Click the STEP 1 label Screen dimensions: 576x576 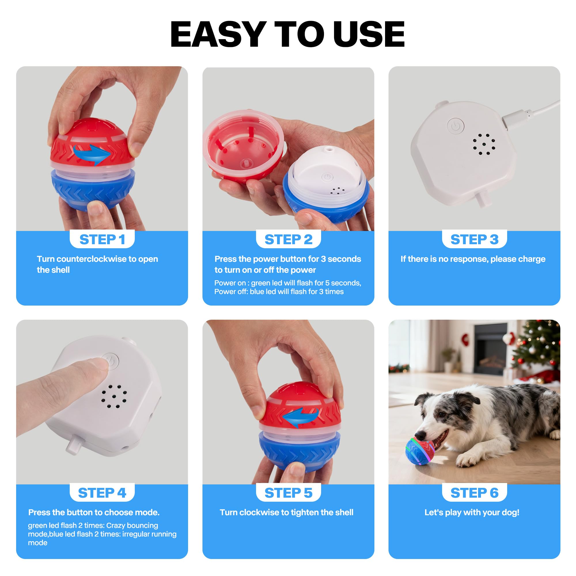click(102, 239)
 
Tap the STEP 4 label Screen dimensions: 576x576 click(102, 493)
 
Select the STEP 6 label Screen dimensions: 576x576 click(474, 493)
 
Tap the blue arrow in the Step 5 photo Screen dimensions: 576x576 click(300, 417)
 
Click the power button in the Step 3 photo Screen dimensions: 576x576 click(455, 126)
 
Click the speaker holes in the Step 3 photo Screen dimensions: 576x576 click(484, 144)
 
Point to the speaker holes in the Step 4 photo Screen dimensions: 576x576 click(114, 396)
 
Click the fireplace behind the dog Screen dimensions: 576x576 click(491, 349)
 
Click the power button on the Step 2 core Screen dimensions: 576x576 click(327, 177)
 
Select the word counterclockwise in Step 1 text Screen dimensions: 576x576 click(91, 259)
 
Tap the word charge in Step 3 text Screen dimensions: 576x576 click(532, 259)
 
